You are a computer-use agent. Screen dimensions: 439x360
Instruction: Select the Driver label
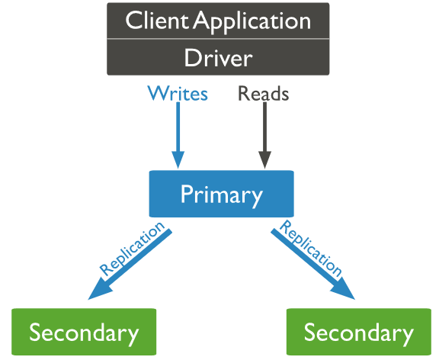pos(219,57)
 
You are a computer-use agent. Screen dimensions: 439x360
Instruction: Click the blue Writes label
pos(178,93)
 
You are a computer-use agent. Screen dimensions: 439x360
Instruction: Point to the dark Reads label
pos(263,93)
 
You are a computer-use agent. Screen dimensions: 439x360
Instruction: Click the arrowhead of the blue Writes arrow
pos(178,159)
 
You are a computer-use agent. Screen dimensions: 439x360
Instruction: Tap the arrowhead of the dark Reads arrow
pos(264,159)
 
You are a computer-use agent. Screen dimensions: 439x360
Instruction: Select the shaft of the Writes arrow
pos(178,127)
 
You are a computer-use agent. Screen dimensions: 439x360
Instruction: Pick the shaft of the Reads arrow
pos(264,127)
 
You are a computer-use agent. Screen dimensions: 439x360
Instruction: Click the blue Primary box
pos(222,194)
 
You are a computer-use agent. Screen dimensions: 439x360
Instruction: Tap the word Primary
pos(222,195)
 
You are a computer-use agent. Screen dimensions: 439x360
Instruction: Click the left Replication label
pos(132,248)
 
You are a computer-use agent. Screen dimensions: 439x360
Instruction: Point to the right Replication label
pos(311,248)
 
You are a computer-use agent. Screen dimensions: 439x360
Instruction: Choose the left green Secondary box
pos(84,332)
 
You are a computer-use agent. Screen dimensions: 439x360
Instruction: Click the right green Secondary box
pos(359,332)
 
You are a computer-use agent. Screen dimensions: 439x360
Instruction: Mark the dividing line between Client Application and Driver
pos(218,39)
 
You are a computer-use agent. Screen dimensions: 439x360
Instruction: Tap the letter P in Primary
pos(187,193)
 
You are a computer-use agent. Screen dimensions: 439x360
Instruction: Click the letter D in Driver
pos(192,57)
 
